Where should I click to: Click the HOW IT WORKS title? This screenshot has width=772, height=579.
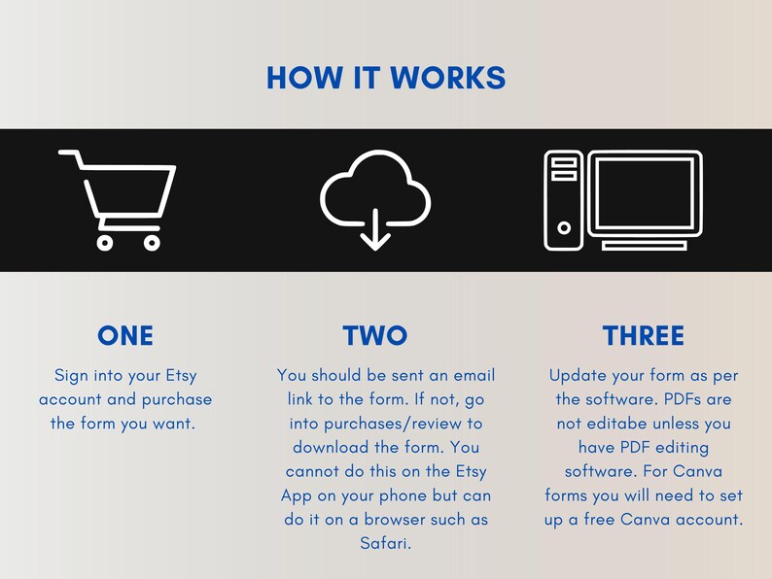(x=386, y=78)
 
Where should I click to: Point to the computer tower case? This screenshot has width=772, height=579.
(x=564, y=200)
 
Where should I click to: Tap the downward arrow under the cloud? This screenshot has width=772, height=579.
(x=375, y=229)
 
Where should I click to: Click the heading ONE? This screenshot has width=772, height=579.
(x=125, y=336)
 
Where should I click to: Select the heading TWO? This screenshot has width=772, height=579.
(x=375, y=336)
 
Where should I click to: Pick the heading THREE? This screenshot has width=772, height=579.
(x=644, y=336)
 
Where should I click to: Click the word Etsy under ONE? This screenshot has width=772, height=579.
(x=181, y=376)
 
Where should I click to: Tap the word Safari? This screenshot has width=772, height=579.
(x=385, y=543)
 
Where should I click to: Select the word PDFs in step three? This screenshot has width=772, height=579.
(x=683, y=399)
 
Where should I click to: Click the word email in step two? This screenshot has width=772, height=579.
(x=474, y=375)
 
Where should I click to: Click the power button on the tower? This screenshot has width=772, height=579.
(x=564, y=227)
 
